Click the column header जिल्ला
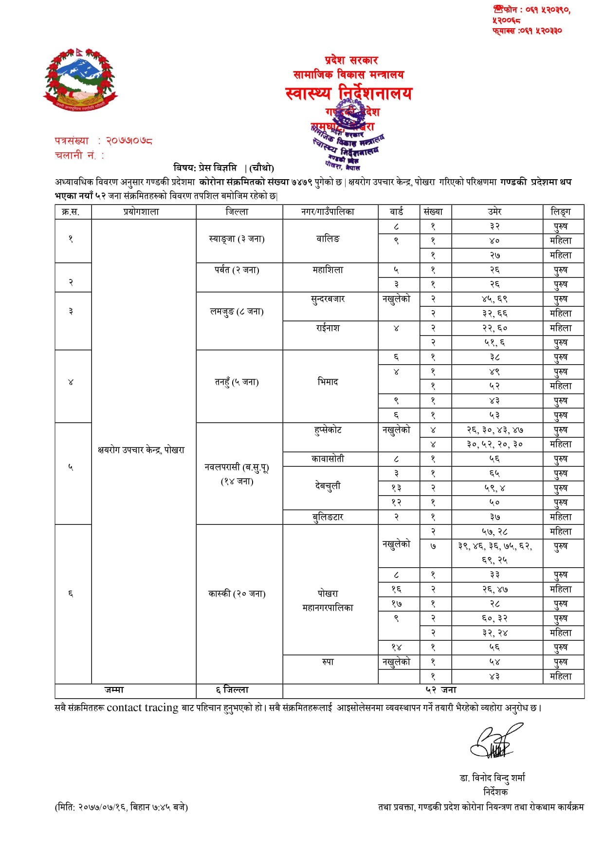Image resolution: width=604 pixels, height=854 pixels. pyautogui.click(x=237, y=212)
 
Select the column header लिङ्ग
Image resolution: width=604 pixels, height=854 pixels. pyautogui.click(x=560, y=212)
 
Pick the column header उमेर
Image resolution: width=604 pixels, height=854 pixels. pyautogui.click(x=494, y=212)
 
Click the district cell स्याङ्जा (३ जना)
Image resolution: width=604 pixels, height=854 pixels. pyautogui.click(x=237, y=239)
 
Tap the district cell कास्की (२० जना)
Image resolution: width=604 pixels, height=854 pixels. pyautogui.click(x=237, y=594)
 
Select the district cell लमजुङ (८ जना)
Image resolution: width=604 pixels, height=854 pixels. pyautogui.click(x=237, y=312)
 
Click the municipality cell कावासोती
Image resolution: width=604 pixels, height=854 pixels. pyautogui.click(x=328, y=459)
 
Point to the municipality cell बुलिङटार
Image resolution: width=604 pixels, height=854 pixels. pyautogui.click(x=328, y=517)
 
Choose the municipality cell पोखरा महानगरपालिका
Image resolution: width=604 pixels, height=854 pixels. pyautogui.click(x=328, y=600)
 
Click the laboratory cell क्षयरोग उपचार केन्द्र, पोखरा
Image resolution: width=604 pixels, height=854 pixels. pyautogui.click(x=141, y=450)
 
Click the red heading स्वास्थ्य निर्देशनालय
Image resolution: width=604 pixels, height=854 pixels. pyautogui.click(x=348, y=93)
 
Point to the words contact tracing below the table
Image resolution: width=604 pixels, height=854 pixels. pyautogui.click(x=142, y=708)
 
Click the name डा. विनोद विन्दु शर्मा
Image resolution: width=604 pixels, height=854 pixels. pyautogui.click(x=493, y=778)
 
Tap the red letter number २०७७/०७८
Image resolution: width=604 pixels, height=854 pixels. pyautogui.click(x=129, y=141)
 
